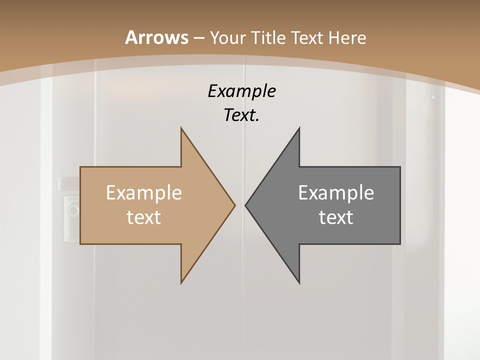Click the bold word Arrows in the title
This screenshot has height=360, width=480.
pyautogui.click(x=156, y=37)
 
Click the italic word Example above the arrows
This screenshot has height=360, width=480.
pyautogui.click(x=241, y=91)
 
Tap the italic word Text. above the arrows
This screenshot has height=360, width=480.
pyautogui.click(x=240, y=115)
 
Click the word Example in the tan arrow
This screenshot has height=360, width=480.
pyautogui.click(x=143, y=192)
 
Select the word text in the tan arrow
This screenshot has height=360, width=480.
pyautogui.click(x=143, y=217)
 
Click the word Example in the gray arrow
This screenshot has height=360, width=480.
pyautogui.click(x=336, y=192)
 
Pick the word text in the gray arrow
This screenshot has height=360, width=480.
pyautogui.click(x=336, y=217)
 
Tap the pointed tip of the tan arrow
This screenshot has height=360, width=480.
pyautogui.click(x=234, y=205)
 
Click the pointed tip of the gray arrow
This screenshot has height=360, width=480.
pyautogui.click(x=246, y=205)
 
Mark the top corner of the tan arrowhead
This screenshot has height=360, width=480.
pyautogui.click(x=181, y=128)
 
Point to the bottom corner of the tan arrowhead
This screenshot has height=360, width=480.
pyautogui.click(x=181, y=282)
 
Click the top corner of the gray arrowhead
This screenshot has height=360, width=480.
pyautogui.click(x=299, y=128)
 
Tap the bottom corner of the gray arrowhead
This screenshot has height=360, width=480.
pyautogui.click(x=299, y=282)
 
